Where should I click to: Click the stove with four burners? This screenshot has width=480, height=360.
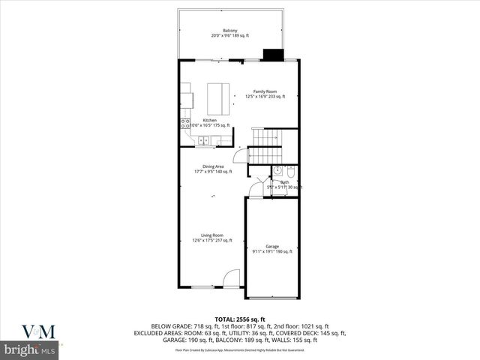coord(184,124)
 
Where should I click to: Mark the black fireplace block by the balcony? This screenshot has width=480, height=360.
coord(271,55)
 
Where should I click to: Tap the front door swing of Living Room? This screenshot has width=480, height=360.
coord(232,279)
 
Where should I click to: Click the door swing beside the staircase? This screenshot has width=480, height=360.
coord(240,155)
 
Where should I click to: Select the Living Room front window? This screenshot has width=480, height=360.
coord(202,287)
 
